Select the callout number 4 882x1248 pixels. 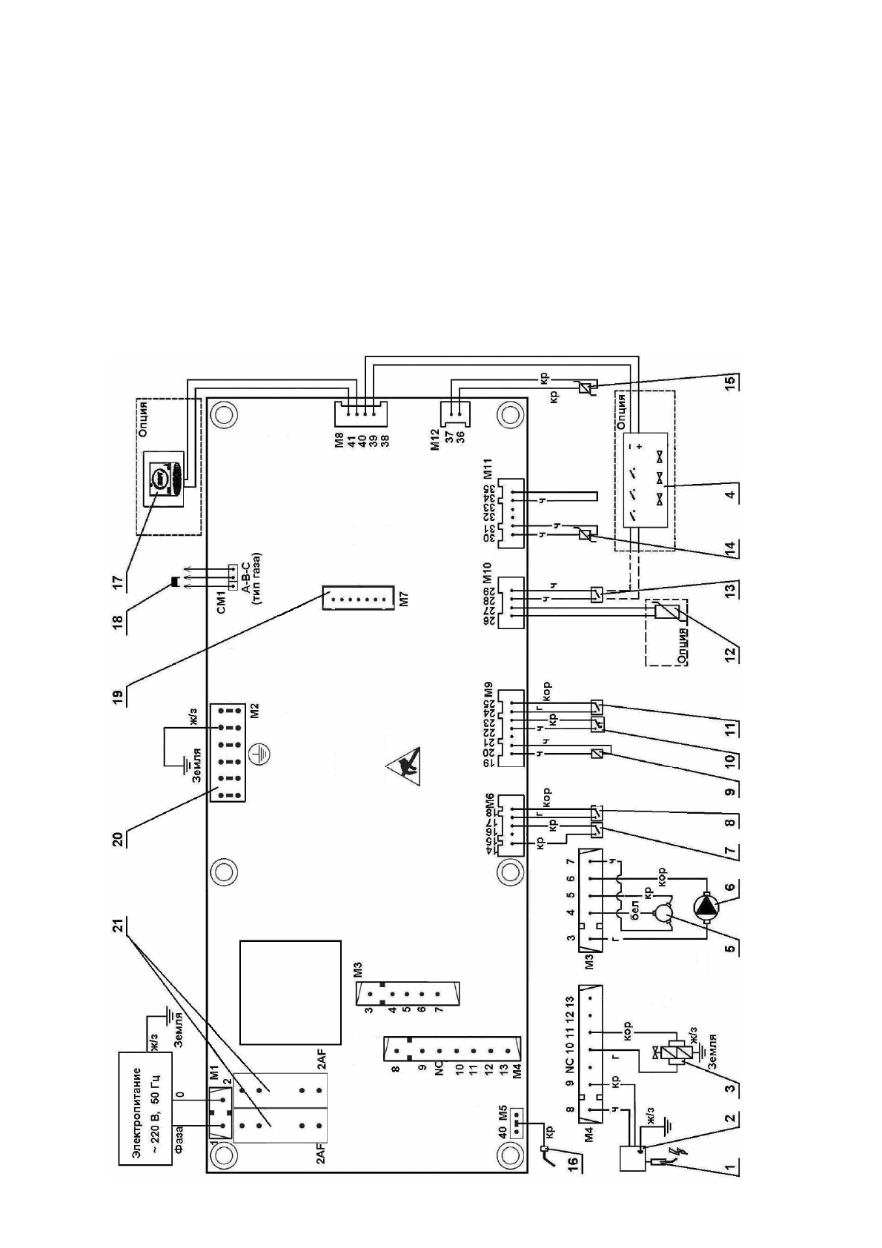pos(731,494)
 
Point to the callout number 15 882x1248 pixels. pos(731,383)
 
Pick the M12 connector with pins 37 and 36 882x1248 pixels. pos(451,413)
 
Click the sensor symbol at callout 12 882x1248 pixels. pos(663,613)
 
